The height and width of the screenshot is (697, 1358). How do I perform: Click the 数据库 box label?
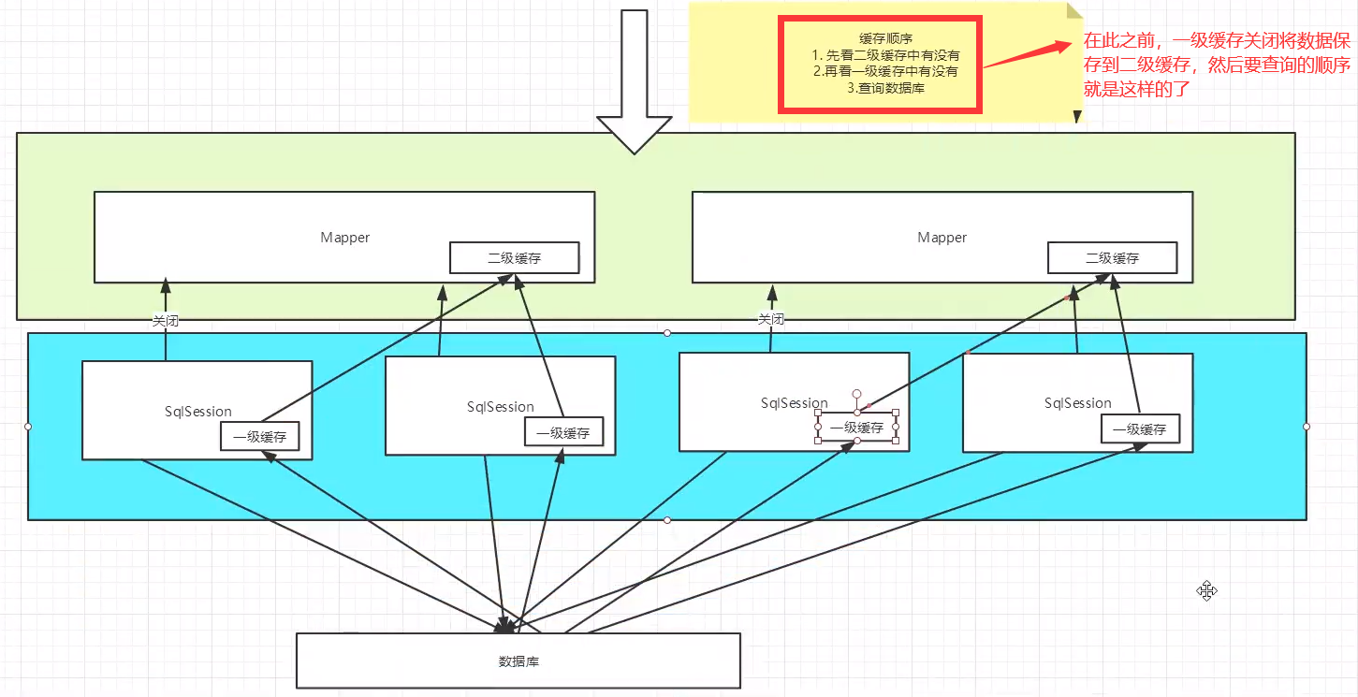[518, 661]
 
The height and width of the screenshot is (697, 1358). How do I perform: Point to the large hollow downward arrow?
[635, 84]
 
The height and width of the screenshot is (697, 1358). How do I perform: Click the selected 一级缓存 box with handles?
[856, 427]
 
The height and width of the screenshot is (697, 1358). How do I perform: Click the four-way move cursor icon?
[1206, 590]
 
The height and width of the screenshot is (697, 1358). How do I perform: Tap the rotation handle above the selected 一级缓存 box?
[856, 394]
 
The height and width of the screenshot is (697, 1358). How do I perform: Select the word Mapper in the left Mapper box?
[344, 238]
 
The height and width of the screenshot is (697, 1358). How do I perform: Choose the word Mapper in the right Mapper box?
[942, 238]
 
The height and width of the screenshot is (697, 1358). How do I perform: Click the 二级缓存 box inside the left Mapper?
[514, 258]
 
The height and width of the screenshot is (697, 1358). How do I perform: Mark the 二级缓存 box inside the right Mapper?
[1112, 258]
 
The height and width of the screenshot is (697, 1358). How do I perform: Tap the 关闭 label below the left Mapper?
[166, 320]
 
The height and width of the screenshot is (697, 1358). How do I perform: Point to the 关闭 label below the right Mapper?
[771, 319]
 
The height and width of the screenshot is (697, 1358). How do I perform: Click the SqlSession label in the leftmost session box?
[197, 411]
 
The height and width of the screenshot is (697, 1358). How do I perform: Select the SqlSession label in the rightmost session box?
[1077, 403]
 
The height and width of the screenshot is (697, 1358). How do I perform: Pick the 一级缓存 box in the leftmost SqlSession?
[260, 436]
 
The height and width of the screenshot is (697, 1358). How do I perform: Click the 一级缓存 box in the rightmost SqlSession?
[1140, 429]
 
